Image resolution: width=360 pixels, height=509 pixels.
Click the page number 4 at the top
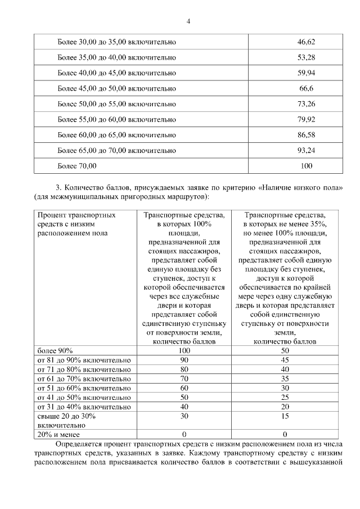(188, 21)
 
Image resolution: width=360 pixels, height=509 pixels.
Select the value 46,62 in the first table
(307, 42)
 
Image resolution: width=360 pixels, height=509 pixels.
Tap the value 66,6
(307, 89)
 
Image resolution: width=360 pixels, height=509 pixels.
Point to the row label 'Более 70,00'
(77, 166)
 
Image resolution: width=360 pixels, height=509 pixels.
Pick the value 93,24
(307, 150)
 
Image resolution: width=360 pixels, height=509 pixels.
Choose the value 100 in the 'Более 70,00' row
(307, 166)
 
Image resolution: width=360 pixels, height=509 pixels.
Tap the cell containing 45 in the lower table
(285, 360)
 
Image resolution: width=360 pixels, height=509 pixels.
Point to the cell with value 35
(285, 379)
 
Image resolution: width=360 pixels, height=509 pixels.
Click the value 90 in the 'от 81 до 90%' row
(183, 360)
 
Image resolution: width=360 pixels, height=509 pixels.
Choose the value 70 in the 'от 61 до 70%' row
(183, 379)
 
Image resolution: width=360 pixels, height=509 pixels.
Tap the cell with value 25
(285, 397)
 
